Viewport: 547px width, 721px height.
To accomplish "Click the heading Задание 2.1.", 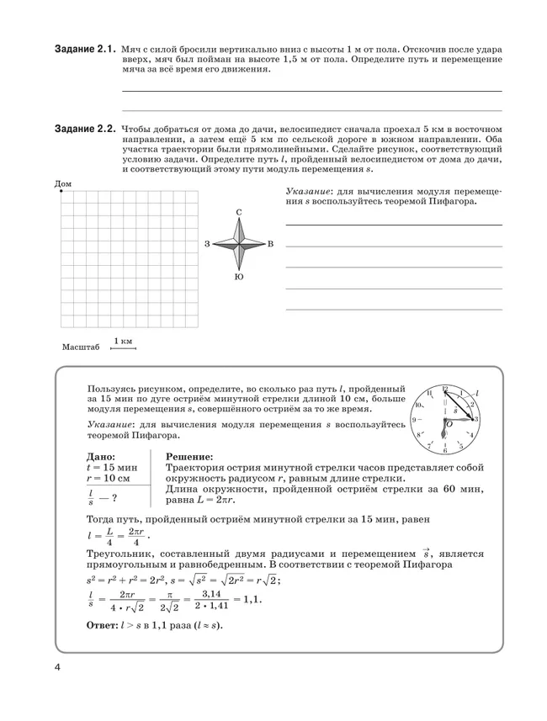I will [84, 50].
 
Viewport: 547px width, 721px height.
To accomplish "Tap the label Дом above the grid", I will [63, 183].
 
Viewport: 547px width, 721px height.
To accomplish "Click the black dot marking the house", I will [62, 191].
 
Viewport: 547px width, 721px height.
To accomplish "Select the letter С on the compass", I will [240, 211].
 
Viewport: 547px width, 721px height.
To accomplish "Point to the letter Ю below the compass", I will [240, 277].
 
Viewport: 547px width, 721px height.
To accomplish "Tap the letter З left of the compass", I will [206, 244].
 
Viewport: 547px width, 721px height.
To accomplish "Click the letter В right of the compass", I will [270, 244].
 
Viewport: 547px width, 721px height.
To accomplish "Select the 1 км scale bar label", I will [123, 340].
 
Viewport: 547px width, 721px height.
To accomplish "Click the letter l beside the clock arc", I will [476, 393].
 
